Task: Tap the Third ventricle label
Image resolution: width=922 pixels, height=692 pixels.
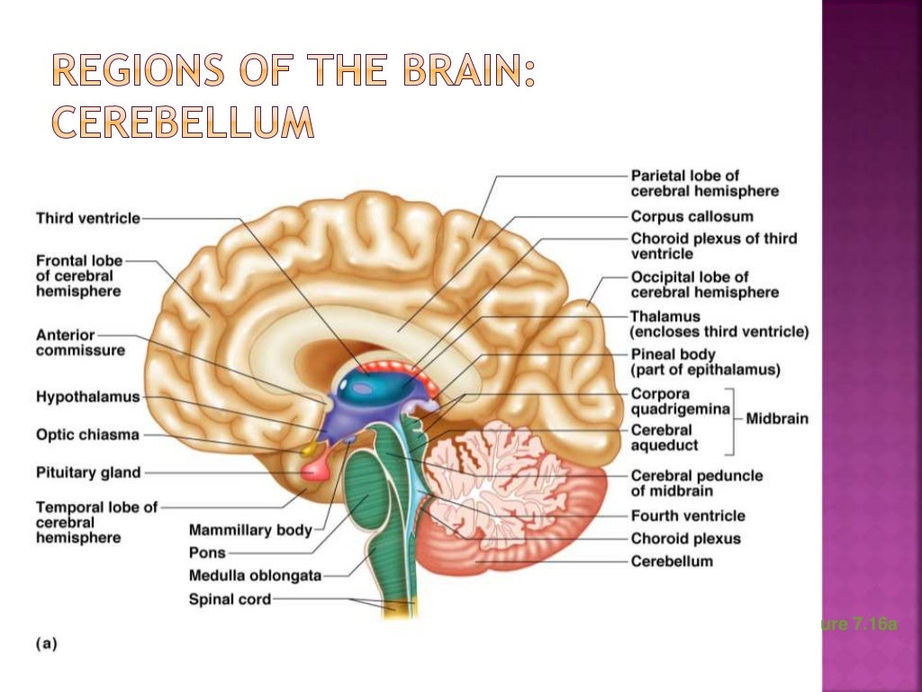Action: (88, 218)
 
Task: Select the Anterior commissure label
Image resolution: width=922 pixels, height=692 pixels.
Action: (80, 342)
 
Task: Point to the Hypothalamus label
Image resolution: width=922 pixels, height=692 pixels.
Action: (88, 396)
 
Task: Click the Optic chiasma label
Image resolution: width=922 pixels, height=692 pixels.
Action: (87, 435)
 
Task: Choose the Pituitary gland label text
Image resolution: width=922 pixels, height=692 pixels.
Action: (88, 471)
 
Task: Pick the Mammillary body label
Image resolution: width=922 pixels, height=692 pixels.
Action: (250, 530)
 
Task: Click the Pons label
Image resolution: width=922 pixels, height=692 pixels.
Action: (207, 552)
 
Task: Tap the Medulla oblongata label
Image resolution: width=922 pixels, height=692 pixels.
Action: (255, 576)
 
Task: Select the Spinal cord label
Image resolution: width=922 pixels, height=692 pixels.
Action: (230, 599)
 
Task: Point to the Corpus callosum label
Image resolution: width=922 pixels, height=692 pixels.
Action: (691, 216)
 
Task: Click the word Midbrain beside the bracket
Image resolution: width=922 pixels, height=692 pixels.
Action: (777, 418)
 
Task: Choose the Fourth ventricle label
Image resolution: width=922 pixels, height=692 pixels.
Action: (688, 515)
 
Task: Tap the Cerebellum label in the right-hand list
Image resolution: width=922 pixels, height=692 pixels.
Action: (672, 561)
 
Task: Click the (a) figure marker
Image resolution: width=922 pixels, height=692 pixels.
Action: (46, 643)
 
